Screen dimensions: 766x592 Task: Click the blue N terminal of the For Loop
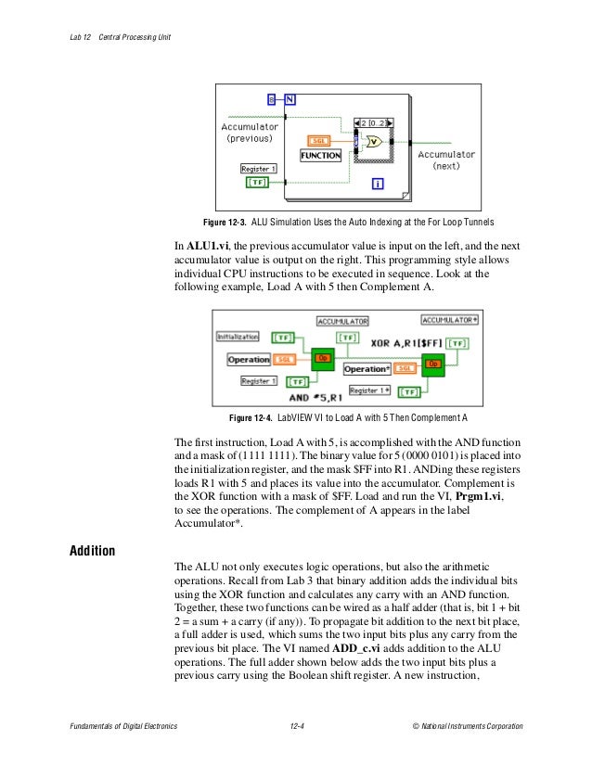pos(290,97)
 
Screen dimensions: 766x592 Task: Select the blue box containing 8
pos(272,97)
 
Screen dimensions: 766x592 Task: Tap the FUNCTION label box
pos(320,156)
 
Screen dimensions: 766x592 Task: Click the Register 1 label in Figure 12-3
pos(258,169)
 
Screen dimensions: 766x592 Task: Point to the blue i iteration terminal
pos(378,184)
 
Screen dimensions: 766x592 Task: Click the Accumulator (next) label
pos(446,160)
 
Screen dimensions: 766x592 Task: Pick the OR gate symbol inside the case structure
pos(373,142)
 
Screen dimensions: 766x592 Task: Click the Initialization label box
pos(238,336)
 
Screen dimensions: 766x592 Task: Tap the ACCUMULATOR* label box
pos(450,320)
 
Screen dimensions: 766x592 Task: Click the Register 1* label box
pos(370,390)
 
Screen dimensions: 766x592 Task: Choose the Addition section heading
pos(93,552)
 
